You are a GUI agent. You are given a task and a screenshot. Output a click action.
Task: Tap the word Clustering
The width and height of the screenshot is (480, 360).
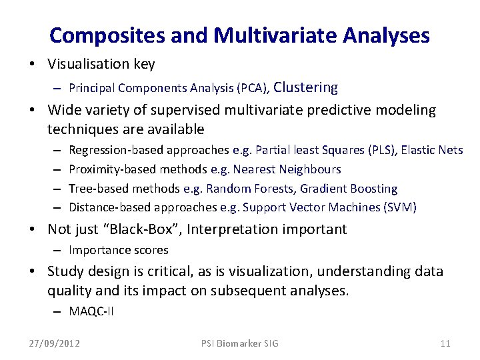[x=306, y=87]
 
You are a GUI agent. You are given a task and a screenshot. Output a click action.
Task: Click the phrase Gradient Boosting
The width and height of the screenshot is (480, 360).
[x=357, y=189]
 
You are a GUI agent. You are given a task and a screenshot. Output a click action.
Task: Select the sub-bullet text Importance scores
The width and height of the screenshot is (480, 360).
[x=119, y=250]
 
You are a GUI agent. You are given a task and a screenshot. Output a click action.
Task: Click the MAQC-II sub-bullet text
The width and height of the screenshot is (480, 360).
[x=91, y=311]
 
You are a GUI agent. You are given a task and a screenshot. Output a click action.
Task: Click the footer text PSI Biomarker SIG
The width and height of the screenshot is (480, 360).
[x=240, y=343]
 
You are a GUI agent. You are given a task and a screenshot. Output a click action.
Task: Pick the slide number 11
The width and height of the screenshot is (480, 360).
[x=445, y=343]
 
